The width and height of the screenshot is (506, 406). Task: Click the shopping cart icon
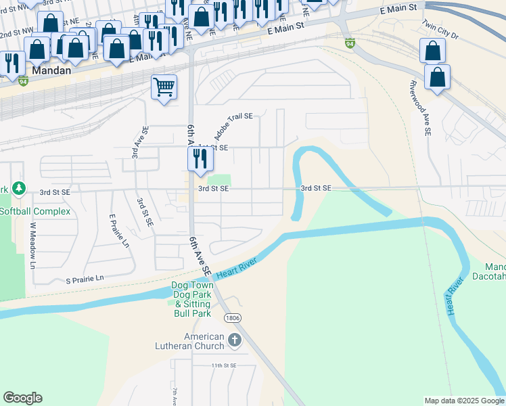point(164,87)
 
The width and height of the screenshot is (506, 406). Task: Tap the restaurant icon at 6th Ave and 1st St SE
point(200,158)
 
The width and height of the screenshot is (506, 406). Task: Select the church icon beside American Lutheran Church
point(234,340)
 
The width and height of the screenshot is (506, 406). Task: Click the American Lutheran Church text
point(204,342)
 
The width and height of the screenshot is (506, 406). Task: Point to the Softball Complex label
point(35,211)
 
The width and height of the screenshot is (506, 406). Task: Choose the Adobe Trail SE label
point(233,125)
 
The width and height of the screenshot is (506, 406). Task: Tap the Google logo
point(22,398)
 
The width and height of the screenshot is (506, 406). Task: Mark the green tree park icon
point(20,187)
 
